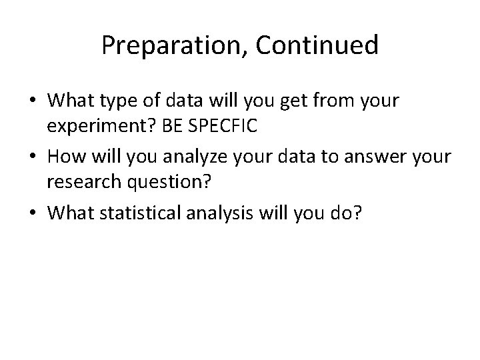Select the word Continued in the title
(x=317, y=45)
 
